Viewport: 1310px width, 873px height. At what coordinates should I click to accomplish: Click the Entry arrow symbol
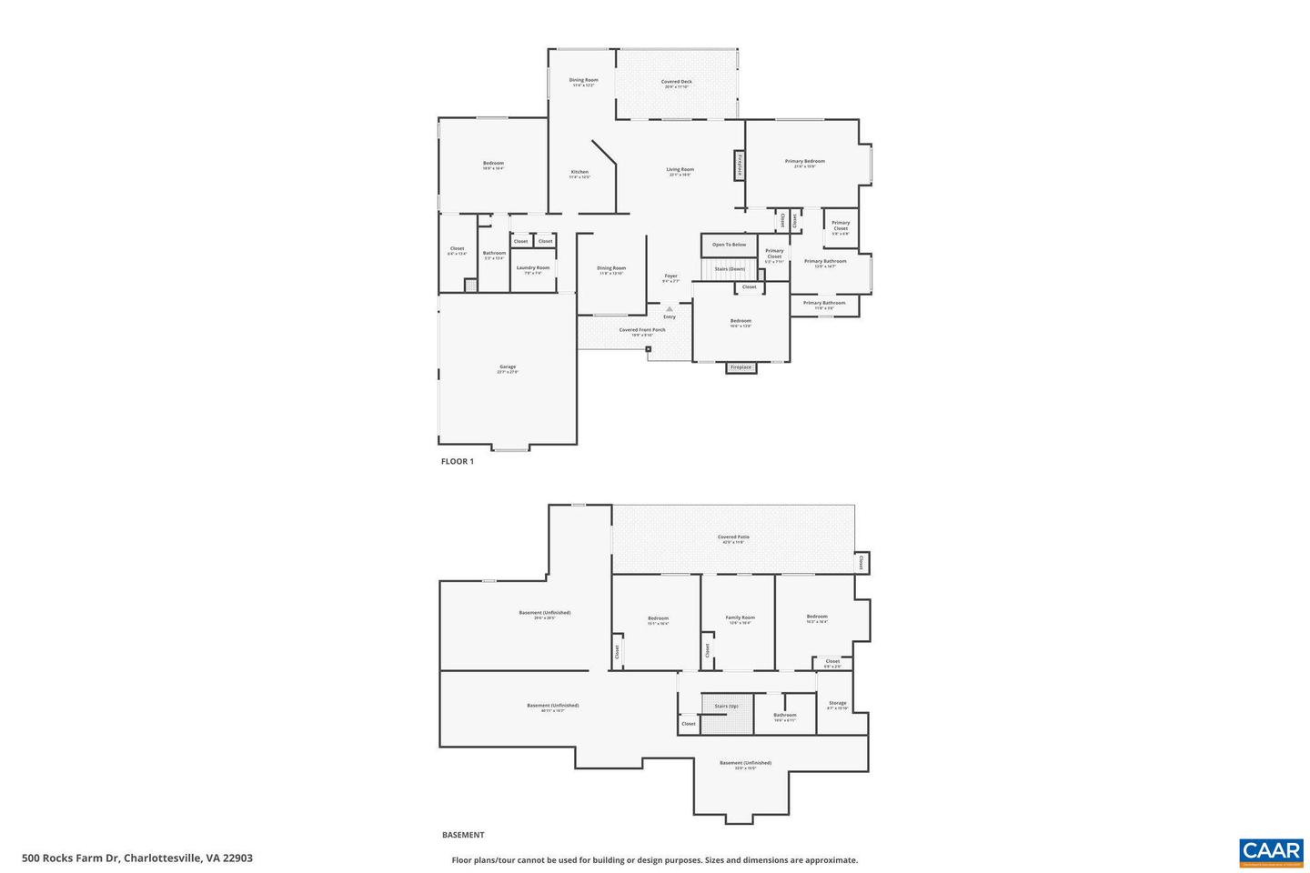(670, 309)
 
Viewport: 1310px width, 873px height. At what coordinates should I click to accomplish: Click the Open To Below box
(729, 245)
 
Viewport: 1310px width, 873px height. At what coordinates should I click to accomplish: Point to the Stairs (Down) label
(730, 269)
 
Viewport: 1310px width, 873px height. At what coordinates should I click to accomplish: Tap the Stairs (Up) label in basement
(726, 706)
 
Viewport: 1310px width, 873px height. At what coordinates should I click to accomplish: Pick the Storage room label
(837, 704)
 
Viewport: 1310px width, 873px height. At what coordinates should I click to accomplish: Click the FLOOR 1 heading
(457, 461)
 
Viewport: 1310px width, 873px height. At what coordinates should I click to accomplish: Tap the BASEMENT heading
(463, 835)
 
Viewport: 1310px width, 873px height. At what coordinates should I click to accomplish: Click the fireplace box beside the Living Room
(740, 166)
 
